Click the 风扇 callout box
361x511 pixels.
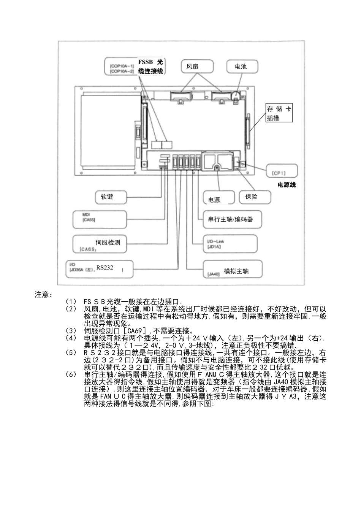(196, 67)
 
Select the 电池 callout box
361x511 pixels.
(242, 67)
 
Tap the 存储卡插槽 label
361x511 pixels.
(279, 113)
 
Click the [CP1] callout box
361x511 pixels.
(282, 171)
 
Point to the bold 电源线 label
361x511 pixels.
(287, 185)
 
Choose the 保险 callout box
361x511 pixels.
(255, 197)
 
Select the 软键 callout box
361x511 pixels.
(110, 197)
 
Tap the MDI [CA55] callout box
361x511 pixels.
(99, 219)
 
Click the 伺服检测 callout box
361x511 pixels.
(99, 244)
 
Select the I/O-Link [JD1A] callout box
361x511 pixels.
(230, 244)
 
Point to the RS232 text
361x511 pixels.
(104, 267)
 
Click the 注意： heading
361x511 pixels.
(44, 295)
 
